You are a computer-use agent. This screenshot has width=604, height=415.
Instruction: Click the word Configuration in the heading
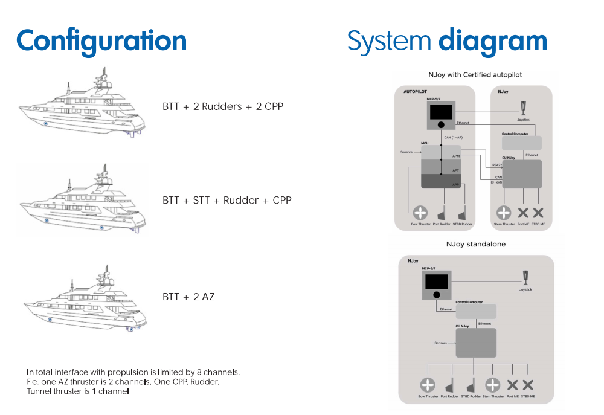coord(101,40)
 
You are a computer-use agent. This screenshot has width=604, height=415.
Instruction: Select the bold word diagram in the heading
coord(492,40)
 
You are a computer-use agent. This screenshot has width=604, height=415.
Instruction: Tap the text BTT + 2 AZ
coord(188,297)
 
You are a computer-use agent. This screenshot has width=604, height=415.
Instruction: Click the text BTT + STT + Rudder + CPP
coord(226,200)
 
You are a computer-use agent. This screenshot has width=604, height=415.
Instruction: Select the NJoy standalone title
coord(475,245)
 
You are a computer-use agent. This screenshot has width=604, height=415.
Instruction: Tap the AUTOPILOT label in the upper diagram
coord(416,91)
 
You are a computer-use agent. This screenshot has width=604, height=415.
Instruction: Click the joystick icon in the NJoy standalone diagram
coord(525,277)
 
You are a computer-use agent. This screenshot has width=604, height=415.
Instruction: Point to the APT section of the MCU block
coord(442,168)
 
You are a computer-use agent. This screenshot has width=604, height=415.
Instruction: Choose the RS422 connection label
coord(497,164)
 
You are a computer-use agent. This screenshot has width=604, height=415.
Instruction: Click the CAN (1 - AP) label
coord(457,138)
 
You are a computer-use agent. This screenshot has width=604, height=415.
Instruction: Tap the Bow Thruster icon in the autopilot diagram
coord(419,213)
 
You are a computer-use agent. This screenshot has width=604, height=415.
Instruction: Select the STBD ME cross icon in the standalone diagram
coord(528,385)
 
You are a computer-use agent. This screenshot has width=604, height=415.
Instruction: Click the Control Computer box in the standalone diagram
coord(476,312)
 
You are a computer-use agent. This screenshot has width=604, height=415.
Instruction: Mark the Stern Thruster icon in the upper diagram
coord(503,213)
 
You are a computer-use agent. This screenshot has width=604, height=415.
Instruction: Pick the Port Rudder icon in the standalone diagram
coord(449,385)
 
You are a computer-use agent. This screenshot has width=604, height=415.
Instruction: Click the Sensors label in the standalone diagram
coord(441,343)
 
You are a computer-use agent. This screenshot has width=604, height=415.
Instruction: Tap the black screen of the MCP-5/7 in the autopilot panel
coord(441,112)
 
